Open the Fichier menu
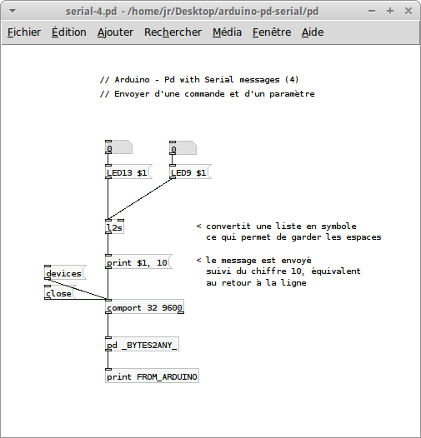24,32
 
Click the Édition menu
69,32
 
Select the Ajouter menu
115,32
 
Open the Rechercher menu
173,32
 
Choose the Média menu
227,32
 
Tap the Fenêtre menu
272,32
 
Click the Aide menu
313,32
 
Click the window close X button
408,11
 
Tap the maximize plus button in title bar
390,11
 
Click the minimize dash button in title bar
372,11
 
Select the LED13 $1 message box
128,172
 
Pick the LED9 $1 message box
191,172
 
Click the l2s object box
114,226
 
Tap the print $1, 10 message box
138,261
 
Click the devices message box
66,272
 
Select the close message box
60,292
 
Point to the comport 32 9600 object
144,306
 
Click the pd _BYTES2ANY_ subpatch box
142,345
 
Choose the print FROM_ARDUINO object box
153,376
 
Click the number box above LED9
183,148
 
